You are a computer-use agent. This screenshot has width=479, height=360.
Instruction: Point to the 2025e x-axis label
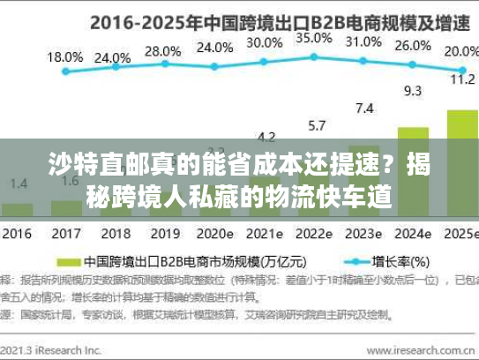[x=460, y=236]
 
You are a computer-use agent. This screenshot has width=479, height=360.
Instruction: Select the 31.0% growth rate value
[x=363, y=41]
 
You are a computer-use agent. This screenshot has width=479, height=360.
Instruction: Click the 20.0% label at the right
[x=460, y=51]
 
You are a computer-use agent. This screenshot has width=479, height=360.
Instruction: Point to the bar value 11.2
[x=462, y=79]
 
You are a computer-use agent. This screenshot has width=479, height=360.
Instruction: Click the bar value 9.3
[x=412, y=90]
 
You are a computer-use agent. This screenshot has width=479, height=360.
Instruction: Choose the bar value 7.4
[x=363, y=108]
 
